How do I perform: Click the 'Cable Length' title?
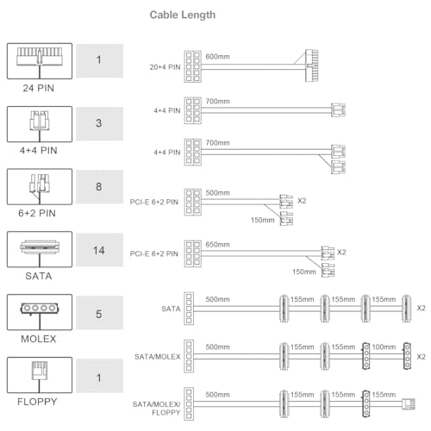(x=183, y=15)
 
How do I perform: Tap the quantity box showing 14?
(x=99, y=250)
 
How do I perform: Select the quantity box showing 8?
(x=99, y=187)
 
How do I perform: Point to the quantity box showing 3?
(x=99, y=123)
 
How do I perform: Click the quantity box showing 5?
(x=99, y=313)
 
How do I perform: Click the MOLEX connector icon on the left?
(x=40, y=312)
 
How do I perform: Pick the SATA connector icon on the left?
(x=40, y=249)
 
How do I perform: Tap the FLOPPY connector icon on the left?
(x=40, y=375)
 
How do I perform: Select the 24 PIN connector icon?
(x=40, y=61)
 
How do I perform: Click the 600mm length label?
(x=217, y=57)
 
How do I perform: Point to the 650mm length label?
(x=217, y=245)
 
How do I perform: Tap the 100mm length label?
(x=384, y=347)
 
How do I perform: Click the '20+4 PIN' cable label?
(x=165, y=67)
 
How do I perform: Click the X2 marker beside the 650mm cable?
(x=341, y=253)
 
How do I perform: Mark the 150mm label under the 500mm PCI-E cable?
(x=263, y=220)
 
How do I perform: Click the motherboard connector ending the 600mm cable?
(x=312, y=66)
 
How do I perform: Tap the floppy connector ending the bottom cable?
(x=409, y=403)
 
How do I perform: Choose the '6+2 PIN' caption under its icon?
(x=37, y=213)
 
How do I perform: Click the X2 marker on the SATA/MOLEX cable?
(x=422, y=357)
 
